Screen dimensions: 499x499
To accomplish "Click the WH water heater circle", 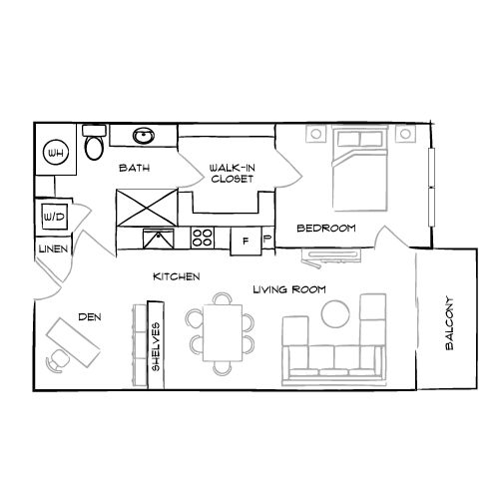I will coord(57,154).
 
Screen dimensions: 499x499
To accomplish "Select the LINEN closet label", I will coord(51,249).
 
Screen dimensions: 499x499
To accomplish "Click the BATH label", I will coord(134,169).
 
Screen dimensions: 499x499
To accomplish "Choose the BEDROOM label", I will coord(326,229).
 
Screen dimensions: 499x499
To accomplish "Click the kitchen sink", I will coord(158,238).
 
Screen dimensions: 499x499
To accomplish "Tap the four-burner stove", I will coord(203,239).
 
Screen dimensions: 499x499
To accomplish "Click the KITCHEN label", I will coord(177,275).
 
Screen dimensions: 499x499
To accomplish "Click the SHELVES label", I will coord(156,347).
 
